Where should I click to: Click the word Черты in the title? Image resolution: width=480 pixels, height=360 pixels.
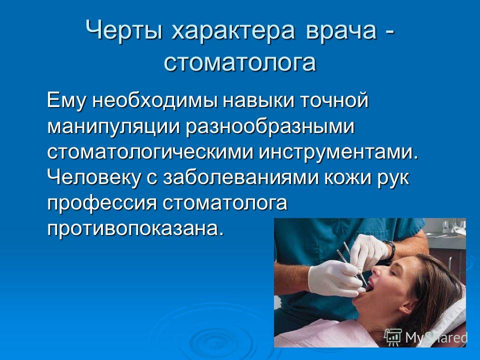click(x=124, y=30)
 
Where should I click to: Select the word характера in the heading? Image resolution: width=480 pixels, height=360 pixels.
click(x=233, y=30)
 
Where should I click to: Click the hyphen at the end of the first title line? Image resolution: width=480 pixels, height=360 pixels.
click(x=389, y=31)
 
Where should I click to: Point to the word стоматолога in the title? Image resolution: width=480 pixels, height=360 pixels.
click(x=240, y=63)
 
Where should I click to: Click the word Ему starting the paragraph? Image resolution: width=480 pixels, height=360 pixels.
click(x=66, y=100)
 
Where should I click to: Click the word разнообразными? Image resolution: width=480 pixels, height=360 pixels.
click(x=270, y=126)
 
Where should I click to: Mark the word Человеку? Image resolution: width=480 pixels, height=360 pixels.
click(x=94, y=177)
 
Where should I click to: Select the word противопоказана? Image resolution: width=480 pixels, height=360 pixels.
click(x=134, y=228)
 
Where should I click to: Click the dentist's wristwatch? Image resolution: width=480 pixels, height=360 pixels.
click(x=390, y=250)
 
